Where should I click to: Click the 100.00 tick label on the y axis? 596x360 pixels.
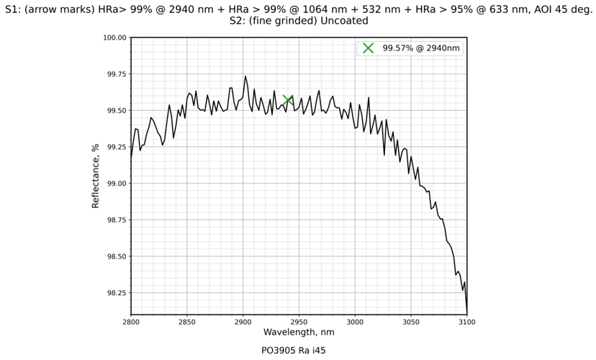(113, 37)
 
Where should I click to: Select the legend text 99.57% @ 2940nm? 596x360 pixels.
(421, 48)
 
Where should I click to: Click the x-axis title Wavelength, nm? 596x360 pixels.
(299, 333)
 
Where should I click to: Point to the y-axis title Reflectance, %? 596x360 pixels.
(96, 176)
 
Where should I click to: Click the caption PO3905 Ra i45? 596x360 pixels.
(299, 351)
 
